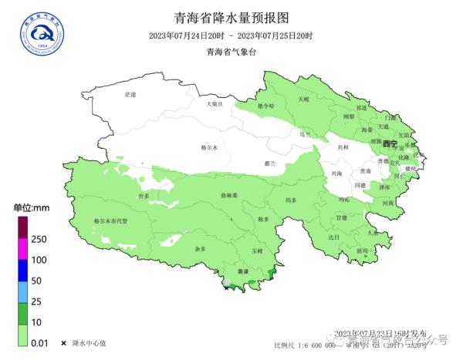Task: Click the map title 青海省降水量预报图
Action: (x=231, y=16)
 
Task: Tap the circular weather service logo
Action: (x=42, y=32)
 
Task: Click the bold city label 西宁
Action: (x=390, y=144)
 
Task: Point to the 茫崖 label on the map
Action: (x=130, y=94)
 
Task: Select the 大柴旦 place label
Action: (x=214, y=103)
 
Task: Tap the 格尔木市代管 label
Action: (x=110, y=220)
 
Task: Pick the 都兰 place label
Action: (x=269, y=163)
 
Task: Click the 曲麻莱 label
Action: (x=227, y=196)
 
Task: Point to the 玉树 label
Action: (x=257, y=251)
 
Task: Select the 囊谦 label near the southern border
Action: (x=243, y=272)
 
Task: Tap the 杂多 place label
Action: (x=201, y=249)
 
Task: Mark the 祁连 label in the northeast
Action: (x=362, y=109)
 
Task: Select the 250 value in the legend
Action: (x=39, y=239)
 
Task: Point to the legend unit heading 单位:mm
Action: (x=32, y=208)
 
